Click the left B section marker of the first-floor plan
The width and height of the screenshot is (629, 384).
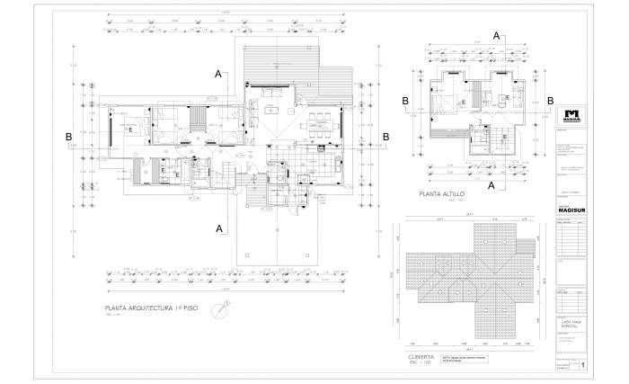point(68,137)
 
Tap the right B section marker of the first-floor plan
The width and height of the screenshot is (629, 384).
point(385,137)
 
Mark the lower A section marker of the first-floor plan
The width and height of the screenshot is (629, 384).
point(218,229)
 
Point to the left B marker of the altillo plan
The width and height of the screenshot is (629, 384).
point(405,102)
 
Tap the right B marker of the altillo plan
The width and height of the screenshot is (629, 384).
point(550,102)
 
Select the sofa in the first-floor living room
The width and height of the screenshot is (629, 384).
point(270,94)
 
